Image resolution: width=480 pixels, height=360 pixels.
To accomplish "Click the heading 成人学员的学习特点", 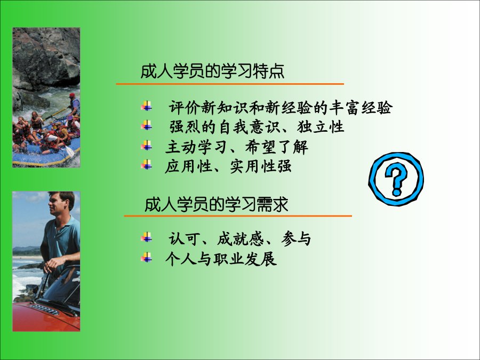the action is pos(212,71).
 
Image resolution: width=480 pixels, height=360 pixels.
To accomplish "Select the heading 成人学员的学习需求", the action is pos(217,204).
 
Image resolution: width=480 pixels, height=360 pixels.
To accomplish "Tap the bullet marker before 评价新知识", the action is pos(147,106).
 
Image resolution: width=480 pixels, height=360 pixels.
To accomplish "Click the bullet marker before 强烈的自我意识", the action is pos(147,125).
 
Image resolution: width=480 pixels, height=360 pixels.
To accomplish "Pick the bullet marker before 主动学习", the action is pos(147,146).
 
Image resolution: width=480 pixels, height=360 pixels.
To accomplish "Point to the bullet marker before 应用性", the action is pos(147,165).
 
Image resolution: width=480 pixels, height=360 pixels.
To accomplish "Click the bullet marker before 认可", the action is pos(147,237).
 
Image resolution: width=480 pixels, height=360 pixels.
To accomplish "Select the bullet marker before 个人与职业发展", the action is pos(147,258).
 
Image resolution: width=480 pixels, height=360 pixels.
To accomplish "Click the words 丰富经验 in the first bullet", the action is pos(361,107).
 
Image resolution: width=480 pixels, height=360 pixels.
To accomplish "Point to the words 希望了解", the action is pos(276,147).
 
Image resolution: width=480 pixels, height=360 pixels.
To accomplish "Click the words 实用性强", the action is pos(261,166).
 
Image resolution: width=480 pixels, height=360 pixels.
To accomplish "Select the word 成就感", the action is pos(241,239).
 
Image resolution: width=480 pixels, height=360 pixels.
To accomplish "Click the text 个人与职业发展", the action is pos(221,259).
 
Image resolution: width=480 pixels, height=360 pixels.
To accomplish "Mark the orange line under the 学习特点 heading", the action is pos(230,84).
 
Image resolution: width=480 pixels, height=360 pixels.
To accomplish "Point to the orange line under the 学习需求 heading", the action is pos(238,216).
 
